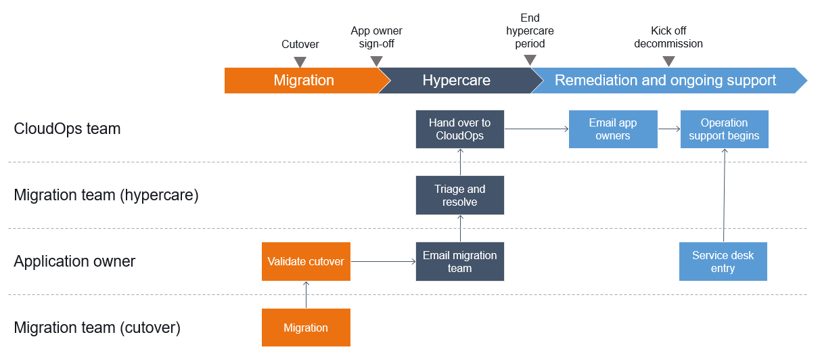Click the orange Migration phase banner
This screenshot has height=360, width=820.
coord(304,81)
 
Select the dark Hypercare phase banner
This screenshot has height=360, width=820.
coord(456,81)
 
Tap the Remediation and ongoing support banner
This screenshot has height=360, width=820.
coord(665,81)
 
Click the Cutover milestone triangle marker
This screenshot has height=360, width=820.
coord(300,62)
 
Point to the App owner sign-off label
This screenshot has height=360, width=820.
coord(376,37)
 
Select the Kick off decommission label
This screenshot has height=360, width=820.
coord(668,37)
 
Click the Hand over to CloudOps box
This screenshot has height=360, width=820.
coord(459,129)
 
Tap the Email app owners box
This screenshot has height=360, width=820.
coord(612,129)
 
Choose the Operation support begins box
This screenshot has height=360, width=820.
coord(724,129)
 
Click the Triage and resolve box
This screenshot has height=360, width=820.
coord(459,196)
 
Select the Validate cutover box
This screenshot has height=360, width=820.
coord(306,261)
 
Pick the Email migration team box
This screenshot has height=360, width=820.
coord(459,261)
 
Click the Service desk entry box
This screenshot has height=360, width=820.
coord(723,261)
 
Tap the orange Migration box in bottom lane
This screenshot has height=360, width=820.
coord(306,328)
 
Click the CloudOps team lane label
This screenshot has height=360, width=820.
coord(67,129)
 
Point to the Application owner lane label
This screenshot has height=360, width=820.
coord(74,261)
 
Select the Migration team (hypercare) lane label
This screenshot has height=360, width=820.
coord(106,196)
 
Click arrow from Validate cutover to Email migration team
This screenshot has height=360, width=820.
coord(382,261)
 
